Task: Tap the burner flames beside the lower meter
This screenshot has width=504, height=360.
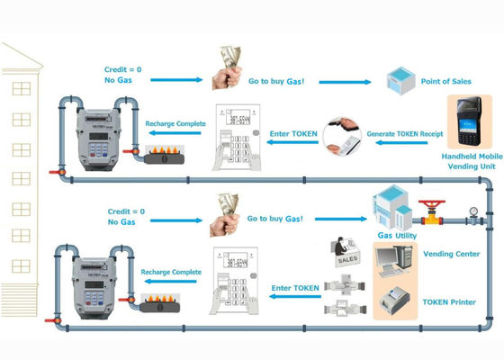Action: point(161,295)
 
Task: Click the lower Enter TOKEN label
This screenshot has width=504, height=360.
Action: point(294,288)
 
